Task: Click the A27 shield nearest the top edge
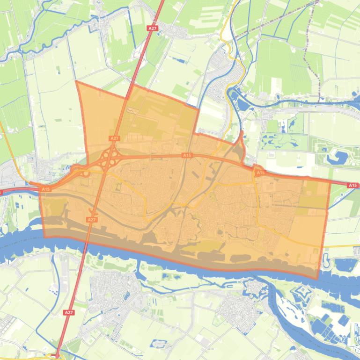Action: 152,29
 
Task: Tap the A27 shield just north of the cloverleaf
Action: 114,138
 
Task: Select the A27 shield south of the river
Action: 69,312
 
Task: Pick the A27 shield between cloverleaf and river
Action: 92,219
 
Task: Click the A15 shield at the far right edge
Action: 353,186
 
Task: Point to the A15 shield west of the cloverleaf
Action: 45,189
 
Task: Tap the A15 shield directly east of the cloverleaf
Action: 187,155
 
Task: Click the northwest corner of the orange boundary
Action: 76,81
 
